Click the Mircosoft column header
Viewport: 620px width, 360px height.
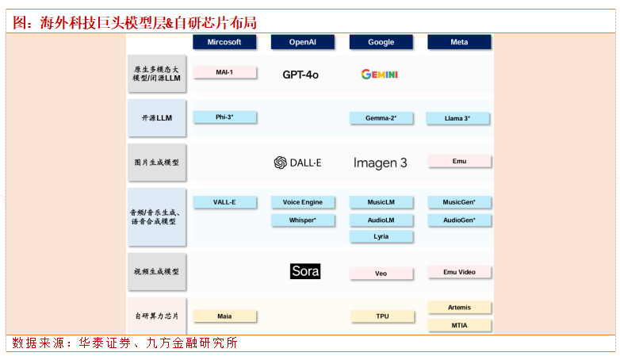click(224, 42)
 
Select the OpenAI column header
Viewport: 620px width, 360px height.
click(302, 42)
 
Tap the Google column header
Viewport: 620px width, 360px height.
click(381, 42)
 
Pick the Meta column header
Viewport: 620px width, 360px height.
click(459, 42)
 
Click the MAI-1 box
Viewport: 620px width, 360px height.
click(224, 72)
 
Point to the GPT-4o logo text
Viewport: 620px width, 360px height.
click(300, 75)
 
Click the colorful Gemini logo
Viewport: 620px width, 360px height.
click(380, 75)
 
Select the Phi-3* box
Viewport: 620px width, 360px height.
click(224, 117)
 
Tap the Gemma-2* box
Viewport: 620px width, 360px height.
click(381, 118)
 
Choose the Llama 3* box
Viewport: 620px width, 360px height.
click(459, 118)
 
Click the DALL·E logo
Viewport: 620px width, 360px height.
click(297, 163)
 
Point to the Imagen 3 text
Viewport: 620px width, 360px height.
click(380, 163)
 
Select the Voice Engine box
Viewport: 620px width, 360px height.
click(302, 202)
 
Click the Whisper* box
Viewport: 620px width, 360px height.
click(302, 220)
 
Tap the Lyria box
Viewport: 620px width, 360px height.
click(381, 236)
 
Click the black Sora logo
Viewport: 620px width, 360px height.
click(305, 271)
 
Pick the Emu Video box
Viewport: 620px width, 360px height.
click(459, 272)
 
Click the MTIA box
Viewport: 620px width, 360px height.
click(459, 325)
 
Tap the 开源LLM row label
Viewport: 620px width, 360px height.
click(157, 118)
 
